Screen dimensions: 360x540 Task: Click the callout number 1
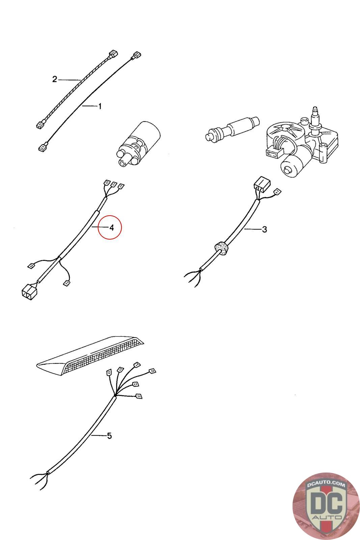(100, 106)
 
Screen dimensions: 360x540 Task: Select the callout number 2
(55, 79)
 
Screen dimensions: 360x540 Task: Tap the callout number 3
(264, 229)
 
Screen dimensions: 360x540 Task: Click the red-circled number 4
(111, 227)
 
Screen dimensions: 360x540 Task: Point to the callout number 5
(109, 436)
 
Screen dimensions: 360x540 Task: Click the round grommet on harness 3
(222, 248)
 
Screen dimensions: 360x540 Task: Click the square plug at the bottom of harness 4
(29, 293)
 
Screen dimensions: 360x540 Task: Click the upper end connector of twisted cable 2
(113, 54)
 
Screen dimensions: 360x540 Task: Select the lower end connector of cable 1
(43, 147)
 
